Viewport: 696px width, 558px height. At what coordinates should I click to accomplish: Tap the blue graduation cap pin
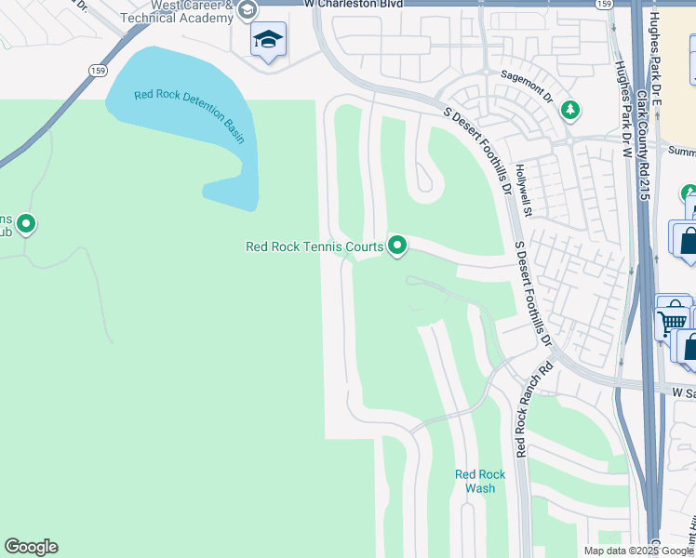tap(268, 40)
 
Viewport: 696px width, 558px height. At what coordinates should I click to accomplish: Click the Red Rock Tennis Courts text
tap(314, 246)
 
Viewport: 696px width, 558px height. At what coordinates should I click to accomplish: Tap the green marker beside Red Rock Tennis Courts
tap(398, 246)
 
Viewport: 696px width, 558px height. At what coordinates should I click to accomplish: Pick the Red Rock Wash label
tap(480, 481)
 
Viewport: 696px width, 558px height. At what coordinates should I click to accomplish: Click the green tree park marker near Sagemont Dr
tap(570, 111)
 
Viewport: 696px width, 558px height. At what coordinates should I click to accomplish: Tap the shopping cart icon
tap(670, 322)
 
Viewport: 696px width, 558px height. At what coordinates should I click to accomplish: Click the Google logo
tap(31, 547)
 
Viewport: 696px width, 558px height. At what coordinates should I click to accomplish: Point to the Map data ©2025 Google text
tap(637, 551)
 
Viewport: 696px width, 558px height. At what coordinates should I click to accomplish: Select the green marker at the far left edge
tap(26, 224)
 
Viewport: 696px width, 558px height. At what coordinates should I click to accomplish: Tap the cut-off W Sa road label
tap(683, 393)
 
